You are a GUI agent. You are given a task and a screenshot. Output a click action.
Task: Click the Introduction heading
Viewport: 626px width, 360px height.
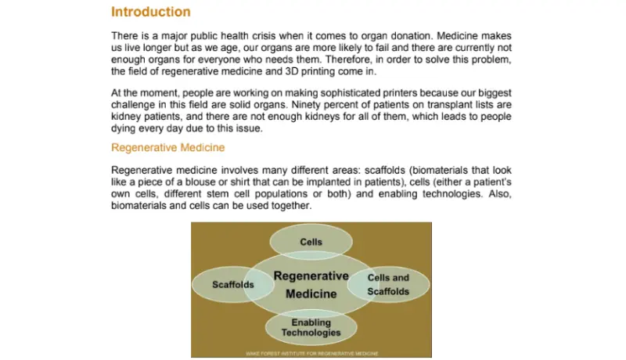click(150, 12)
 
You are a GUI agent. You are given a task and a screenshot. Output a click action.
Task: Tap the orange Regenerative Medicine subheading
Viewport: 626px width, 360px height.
click(168, 147)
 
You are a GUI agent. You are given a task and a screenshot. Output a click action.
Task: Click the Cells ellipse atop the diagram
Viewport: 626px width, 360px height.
click(311, 242)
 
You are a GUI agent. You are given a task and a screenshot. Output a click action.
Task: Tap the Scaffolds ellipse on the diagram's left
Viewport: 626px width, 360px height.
click(232, 284)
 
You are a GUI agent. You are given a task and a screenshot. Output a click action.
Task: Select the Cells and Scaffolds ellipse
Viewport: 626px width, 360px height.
click(388, 284)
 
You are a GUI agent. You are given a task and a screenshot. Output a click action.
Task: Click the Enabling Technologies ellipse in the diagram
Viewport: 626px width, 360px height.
click(311, 327)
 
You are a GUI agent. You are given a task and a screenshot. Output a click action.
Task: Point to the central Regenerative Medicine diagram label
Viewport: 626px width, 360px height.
click(311, 285)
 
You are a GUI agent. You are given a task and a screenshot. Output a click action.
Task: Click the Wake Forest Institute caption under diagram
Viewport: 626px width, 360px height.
click(311, 354)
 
